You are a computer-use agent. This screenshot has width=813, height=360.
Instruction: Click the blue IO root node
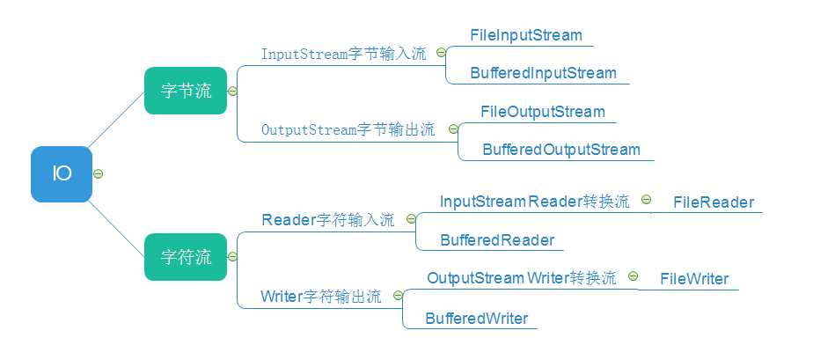(x=62, y=173)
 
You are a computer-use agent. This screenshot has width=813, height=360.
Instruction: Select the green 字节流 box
(x=186, y=91)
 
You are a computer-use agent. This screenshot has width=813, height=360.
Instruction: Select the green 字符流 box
(x=186, y=257)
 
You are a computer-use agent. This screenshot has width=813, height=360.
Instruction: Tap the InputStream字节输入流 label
(x=343, y=54)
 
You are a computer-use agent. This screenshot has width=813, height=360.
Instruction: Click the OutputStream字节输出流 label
(x=348, y=129)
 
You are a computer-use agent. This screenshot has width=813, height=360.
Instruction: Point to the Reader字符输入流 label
(x=328, y=220)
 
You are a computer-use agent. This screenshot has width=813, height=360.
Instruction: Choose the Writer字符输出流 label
(x=321, y=297)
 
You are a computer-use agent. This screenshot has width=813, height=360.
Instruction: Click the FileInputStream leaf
(x=526, y=36)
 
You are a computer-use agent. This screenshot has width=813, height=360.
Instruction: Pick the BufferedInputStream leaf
(x=543, y=73)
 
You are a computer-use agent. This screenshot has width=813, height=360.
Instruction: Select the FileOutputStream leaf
(x=543, y=112)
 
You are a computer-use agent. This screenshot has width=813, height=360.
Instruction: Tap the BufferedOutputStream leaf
(x=561, y=150)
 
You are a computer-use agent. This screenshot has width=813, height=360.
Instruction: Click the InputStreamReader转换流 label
(x=534, y=202)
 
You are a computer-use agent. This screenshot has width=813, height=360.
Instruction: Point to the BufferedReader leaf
(x=497, y=240)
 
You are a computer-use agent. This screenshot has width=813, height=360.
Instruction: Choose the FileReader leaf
(x=714, y=202)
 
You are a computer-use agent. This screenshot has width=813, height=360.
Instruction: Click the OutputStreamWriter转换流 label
(x=522, y=278)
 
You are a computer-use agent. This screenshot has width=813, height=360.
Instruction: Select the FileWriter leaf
(x=695, y=279)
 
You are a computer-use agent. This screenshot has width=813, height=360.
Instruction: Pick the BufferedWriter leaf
(x=477, y=319)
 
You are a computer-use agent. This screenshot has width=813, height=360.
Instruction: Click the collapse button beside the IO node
(x=99, y=173)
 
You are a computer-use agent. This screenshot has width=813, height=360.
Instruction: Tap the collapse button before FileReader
(x=646, y=201)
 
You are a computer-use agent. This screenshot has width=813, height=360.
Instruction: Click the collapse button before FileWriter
(x=633, y=276)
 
